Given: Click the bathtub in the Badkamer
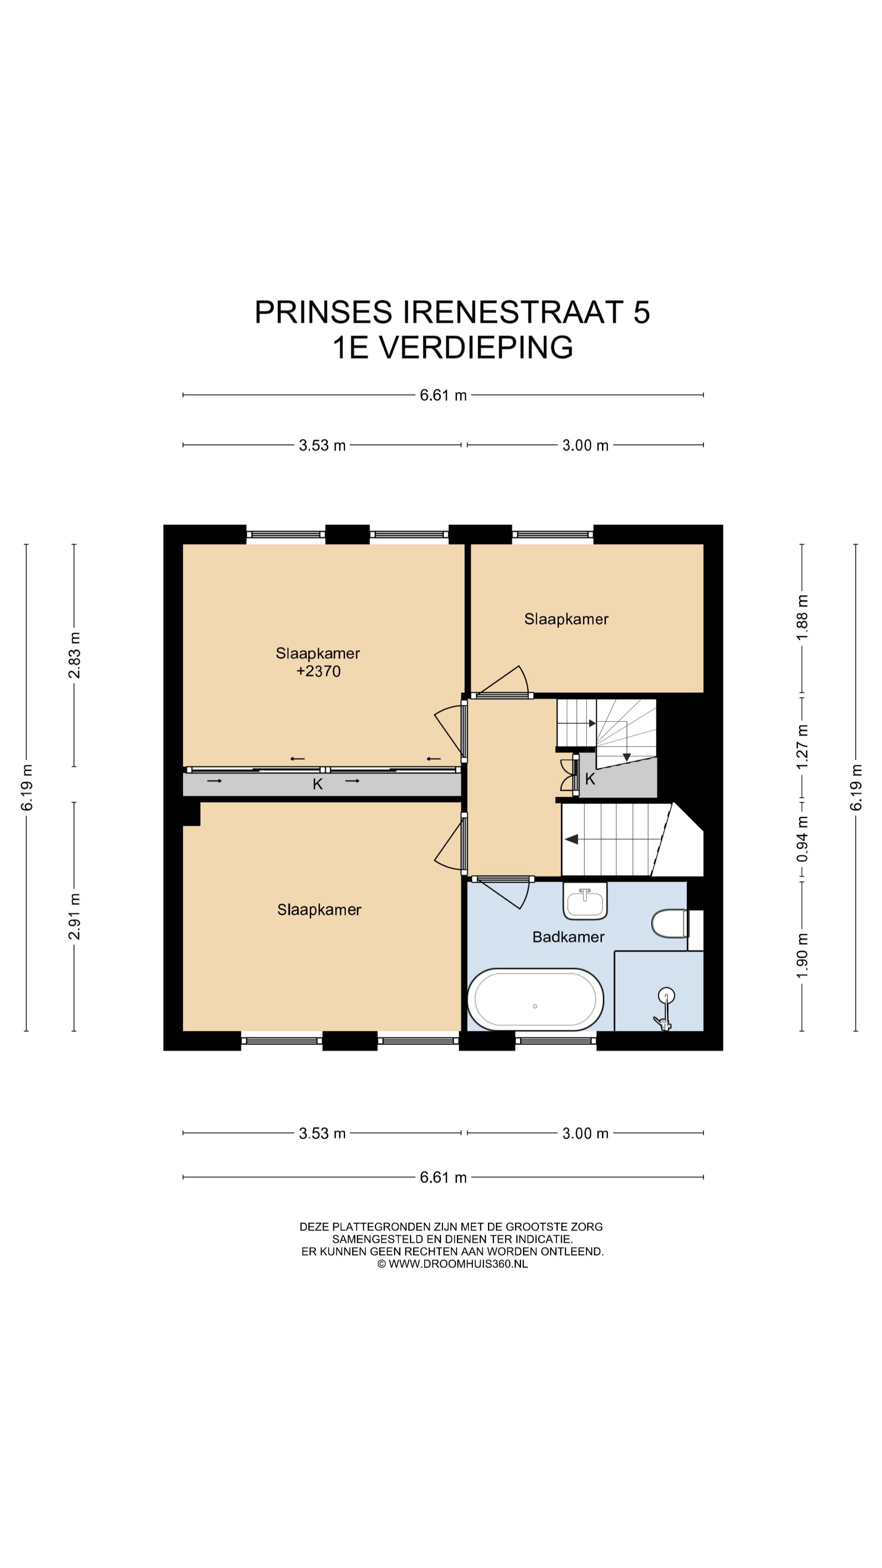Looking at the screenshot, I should [535, 1000].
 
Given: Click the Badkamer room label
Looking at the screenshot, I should [568, 937].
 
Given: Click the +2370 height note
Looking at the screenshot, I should [318, 671].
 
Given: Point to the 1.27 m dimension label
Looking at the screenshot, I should [802, 746].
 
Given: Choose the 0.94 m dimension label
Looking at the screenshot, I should [802, 839].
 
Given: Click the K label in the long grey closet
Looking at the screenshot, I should [317, 784].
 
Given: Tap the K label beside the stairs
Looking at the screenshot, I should [590, 779].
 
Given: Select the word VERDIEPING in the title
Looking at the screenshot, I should [476, 347].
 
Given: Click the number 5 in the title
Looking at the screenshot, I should [641, 312].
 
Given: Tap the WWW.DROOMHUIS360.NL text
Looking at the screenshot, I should [458, 1264].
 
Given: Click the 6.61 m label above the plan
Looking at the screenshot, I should [443, 395].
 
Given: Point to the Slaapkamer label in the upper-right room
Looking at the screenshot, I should [566, 619].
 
